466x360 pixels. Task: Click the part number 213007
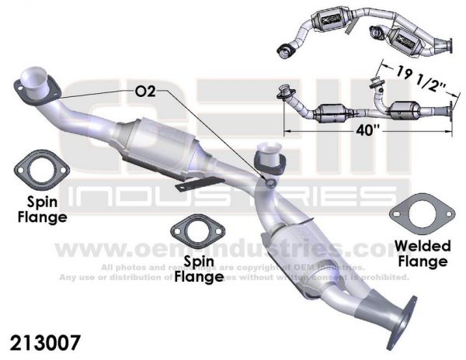point(44,341)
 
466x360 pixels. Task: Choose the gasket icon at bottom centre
point(193,231)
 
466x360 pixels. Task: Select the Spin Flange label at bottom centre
point(193,266)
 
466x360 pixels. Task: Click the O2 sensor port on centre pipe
point(269,183)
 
